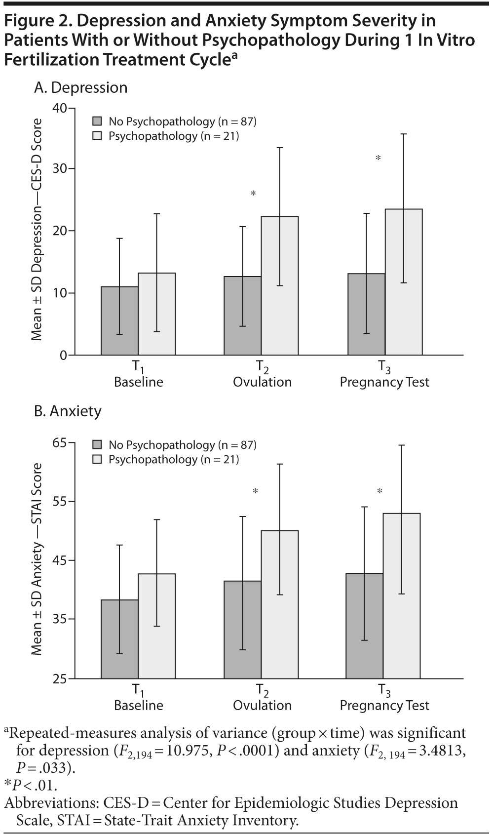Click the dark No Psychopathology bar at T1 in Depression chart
pos(119,321)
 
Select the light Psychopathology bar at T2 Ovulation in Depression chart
pos(280,286)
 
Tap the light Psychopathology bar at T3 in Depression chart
pos(404,282)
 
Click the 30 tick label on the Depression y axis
pos(60,168)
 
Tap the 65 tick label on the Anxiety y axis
pos(60,442)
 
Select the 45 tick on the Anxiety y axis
pos(60,560)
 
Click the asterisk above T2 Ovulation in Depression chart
pos(254,194)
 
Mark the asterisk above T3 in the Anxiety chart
pos(380,491)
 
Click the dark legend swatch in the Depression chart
pos(97,121)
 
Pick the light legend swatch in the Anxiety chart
pos(97,460)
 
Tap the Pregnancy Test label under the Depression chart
pos(384,382)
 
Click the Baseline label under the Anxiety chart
pos(139,706)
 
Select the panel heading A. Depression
pos(81,88)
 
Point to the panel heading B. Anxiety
pos(68,411)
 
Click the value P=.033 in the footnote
pos(45,768)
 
